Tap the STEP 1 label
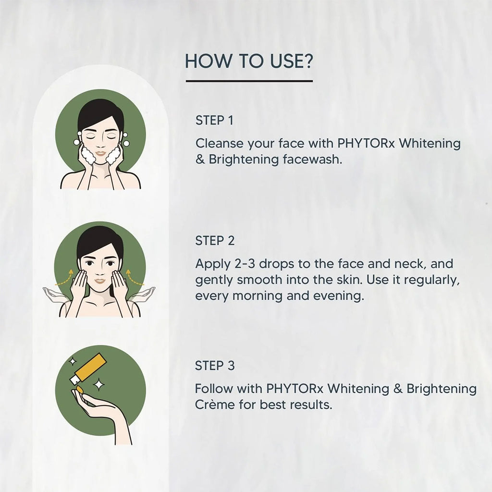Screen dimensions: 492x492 pos(214,121)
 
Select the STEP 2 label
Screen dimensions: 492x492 pos(215,241)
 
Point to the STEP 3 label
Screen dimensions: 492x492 pos(215,366)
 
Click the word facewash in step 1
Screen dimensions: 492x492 pos(311,160)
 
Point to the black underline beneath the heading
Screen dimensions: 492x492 pos(249,81)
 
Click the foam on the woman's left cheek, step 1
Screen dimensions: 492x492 pos(113,155)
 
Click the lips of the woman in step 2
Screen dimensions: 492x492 pos(100,281)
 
